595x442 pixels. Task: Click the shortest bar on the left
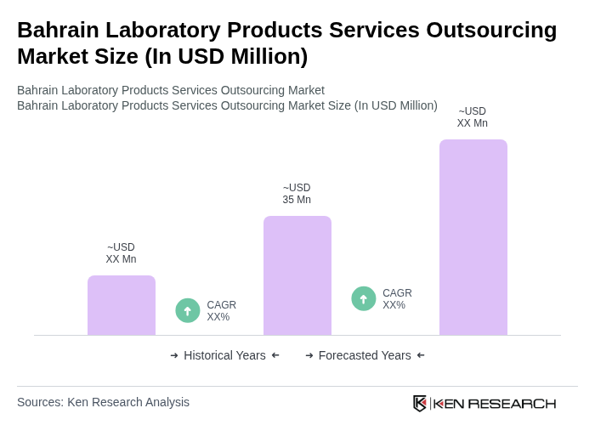tap(122, 305)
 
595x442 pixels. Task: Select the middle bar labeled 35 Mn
tap(297, 275)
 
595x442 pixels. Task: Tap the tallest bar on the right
tap(473, 237)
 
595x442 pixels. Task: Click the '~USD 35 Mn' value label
tap(297, 194)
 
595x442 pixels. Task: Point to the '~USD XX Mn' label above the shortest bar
tap(121, 253)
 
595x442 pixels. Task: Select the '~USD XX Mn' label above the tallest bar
tap(472, 117)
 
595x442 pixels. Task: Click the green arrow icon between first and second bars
tap(188, 311)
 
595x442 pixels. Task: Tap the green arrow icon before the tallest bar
tap(364, 299)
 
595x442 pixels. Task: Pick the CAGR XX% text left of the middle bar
tap(221, 311)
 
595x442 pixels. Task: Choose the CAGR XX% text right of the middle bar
tap(397, 299)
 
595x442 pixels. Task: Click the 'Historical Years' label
tap(224, 355)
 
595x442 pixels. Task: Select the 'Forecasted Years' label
tap(365, 355)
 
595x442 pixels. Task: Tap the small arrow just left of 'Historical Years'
tap(174, 355)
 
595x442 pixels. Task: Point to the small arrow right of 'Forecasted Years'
tap(421, 355)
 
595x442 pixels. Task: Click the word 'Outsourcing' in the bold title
tap(491, 30)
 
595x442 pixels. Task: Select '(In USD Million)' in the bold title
tap(226, 56)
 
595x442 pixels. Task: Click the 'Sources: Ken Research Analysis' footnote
tap(103, 402)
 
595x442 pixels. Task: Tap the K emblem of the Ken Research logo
tap(420, 403)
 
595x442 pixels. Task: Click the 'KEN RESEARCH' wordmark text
tap(495, 404)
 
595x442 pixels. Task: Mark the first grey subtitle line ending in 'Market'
tap(171, 90)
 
